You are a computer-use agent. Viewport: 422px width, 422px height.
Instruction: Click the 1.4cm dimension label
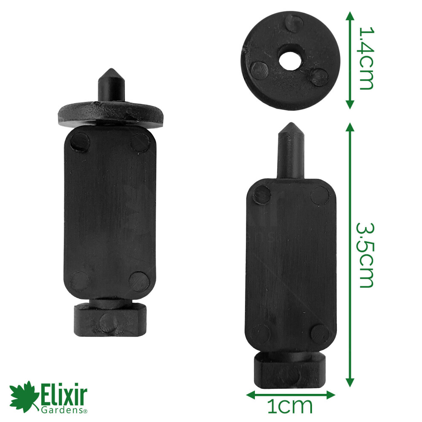tap(367, 58)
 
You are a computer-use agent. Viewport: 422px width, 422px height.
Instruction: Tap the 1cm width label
tap(290, 406)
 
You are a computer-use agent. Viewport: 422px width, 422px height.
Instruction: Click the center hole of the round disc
tap(290, 59)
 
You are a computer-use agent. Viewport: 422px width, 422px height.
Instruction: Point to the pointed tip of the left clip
tap(111, 69)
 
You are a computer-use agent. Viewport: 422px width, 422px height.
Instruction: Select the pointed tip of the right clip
tap(291, 124)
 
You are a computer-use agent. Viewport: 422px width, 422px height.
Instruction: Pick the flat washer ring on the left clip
tap(111, 113)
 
